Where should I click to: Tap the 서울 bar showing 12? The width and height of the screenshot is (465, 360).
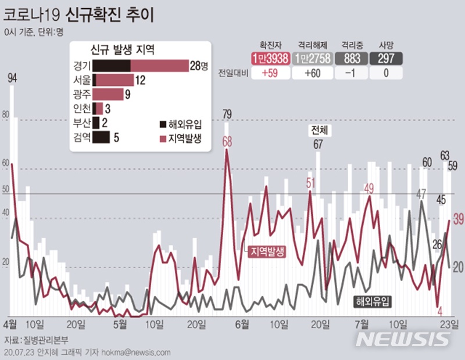113,80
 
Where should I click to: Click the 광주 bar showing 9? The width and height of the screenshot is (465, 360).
108,94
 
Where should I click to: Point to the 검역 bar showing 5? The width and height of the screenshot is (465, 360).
101,137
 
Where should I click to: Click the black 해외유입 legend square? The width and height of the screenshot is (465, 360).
162,123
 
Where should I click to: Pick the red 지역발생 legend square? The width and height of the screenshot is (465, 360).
162,138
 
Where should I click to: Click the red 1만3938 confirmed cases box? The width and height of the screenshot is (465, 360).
271,59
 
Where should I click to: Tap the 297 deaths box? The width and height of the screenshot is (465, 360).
387,59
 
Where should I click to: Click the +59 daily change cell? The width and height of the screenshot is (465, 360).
271,73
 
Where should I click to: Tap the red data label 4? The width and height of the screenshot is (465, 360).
440,311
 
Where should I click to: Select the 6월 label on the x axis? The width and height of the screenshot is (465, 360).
244,323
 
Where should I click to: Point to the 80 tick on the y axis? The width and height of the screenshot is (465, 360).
6,116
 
